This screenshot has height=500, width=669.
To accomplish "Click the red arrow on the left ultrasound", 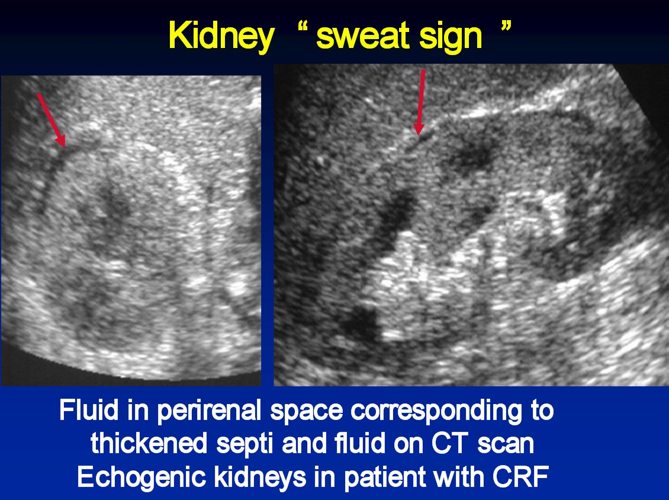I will (51, 119).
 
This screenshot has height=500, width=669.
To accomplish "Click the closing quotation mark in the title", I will (504, 28).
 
